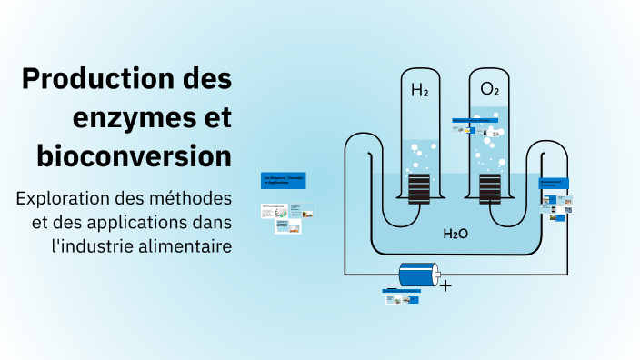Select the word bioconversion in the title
134,155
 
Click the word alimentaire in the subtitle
183,245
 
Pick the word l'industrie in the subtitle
91,245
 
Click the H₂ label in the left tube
419,91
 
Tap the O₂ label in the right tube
489,89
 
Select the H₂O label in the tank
455,234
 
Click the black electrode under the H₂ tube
418,188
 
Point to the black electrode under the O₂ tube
489,188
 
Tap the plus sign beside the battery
445,285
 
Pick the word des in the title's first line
206,79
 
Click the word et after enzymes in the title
214,117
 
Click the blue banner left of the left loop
283,181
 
